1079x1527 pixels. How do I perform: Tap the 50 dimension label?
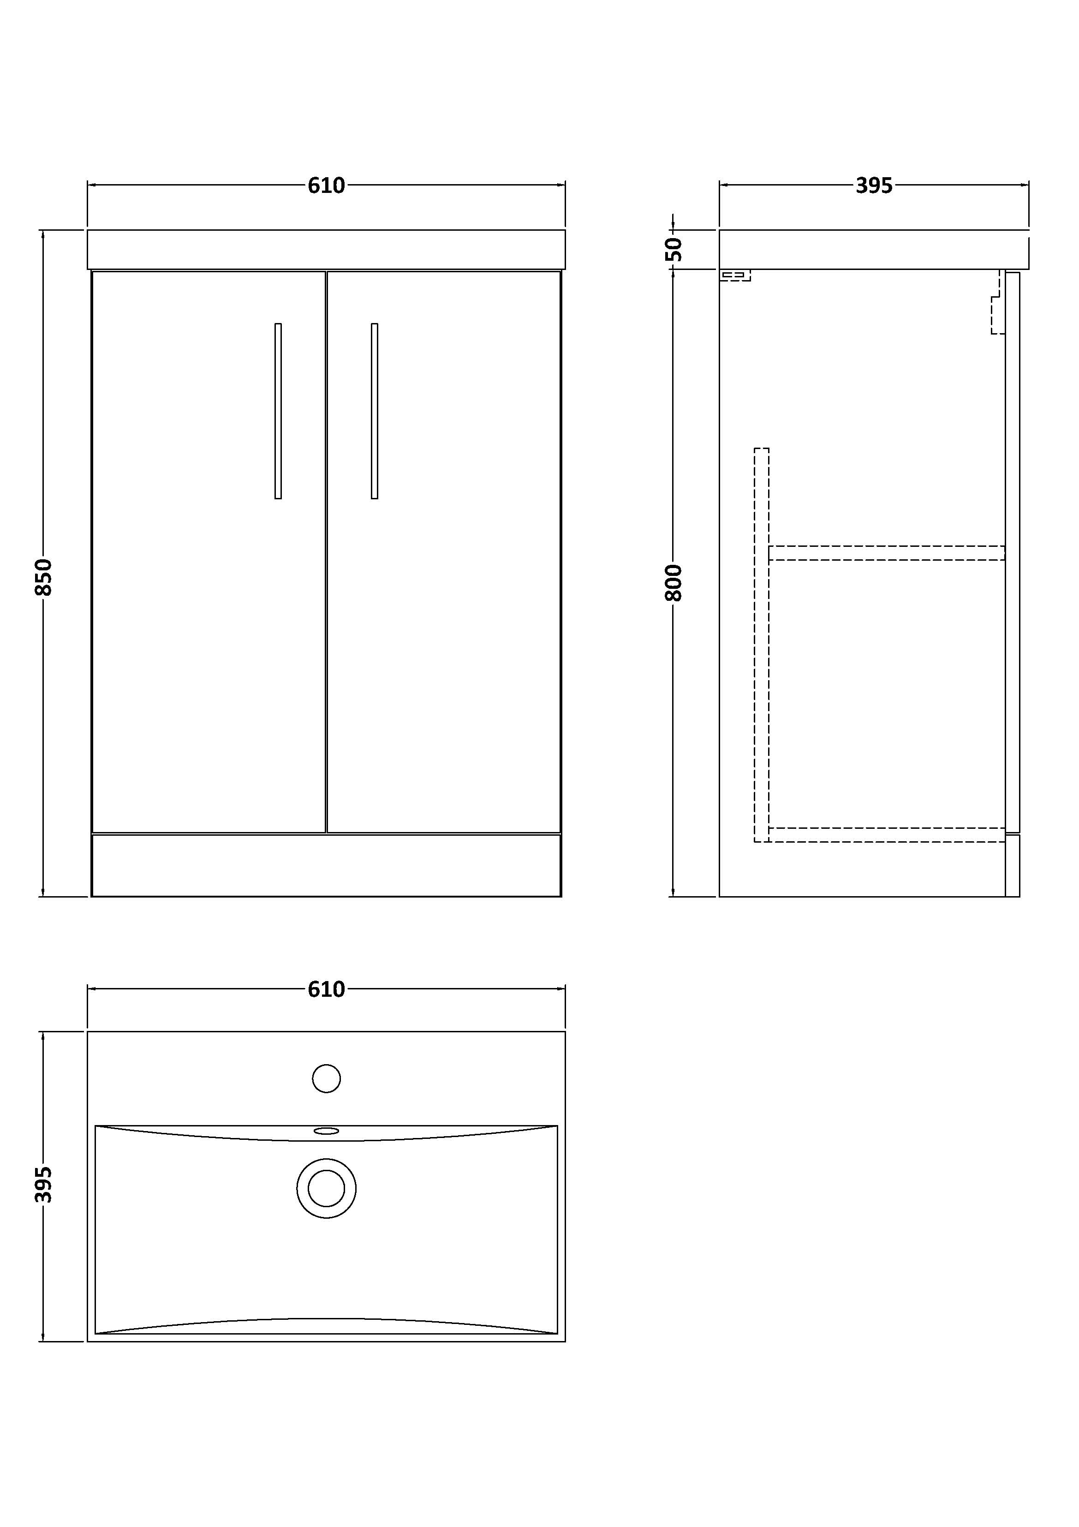(674, 249)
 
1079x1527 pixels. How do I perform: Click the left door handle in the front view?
(278, 411)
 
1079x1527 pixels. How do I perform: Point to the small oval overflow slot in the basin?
(327, 1131)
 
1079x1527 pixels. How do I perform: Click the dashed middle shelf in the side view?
(886, 553)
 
